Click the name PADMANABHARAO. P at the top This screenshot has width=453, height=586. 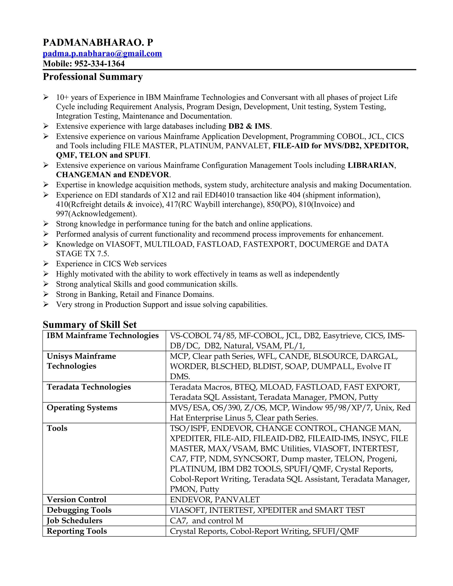[98, 42]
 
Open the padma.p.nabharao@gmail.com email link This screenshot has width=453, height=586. [102, 54]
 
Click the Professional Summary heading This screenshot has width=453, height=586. [93, 77]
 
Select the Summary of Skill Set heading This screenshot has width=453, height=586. [90, 325]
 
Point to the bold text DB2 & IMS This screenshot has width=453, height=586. [249, 126]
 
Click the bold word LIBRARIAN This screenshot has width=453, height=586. [371, 165]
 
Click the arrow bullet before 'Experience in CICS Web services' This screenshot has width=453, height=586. [46, 264]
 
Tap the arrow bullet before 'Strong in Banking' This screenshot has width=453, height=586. [46, 294]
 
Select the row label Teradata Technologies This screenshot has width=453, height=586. [88, 387]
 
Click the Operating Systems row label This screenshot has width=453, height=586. [82, 408]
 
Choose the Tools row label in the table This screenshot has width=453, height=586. [57, 428]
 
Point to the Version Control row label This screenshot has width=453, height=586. [77, 499]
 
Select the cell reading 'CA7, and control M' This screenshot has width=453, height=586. [206, 521]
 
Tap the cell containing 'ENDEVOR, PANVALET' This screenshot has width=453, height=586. [215, 500]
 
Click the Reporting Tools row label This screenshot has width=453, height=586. [77, 531]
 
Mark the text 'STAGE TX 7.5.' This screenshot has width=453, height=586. [82, 254]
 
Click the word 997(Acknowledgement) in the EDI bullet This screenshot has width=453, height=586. [96, 214]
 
